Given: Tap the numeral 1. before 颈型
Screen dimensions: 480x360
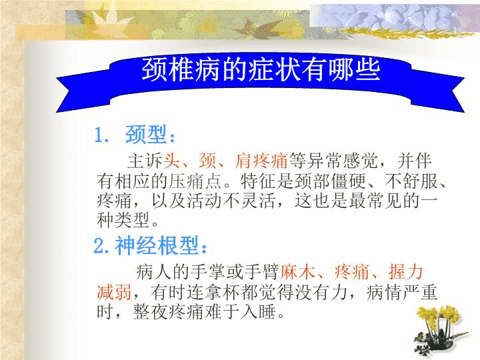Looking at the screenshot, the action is click(x=101, y=135).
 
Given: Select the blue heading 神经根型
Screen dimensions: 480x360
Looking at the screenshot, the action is click(x=157, y=245).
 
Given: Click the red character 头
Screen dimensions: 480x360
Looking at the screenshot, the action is click(x=172, y=161).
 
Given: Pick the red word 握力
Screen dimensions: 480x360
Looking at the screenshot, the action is click(x=405, y=271).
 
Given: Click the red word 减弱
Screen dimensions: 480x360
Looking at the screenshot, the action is click(x=114, y=292).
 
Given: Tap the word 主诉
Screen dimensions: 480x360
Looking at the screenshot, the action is click(x=145, y=161).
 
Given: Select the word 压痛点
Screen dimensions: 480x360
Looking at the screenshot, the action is click(x=196, y=181).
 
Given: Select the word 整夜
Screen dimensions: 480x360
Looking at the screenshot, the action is click(x=150, y=311).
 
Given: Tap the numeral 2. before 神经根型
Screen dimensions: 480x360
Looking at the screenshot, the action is click(x=101, y=246).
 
